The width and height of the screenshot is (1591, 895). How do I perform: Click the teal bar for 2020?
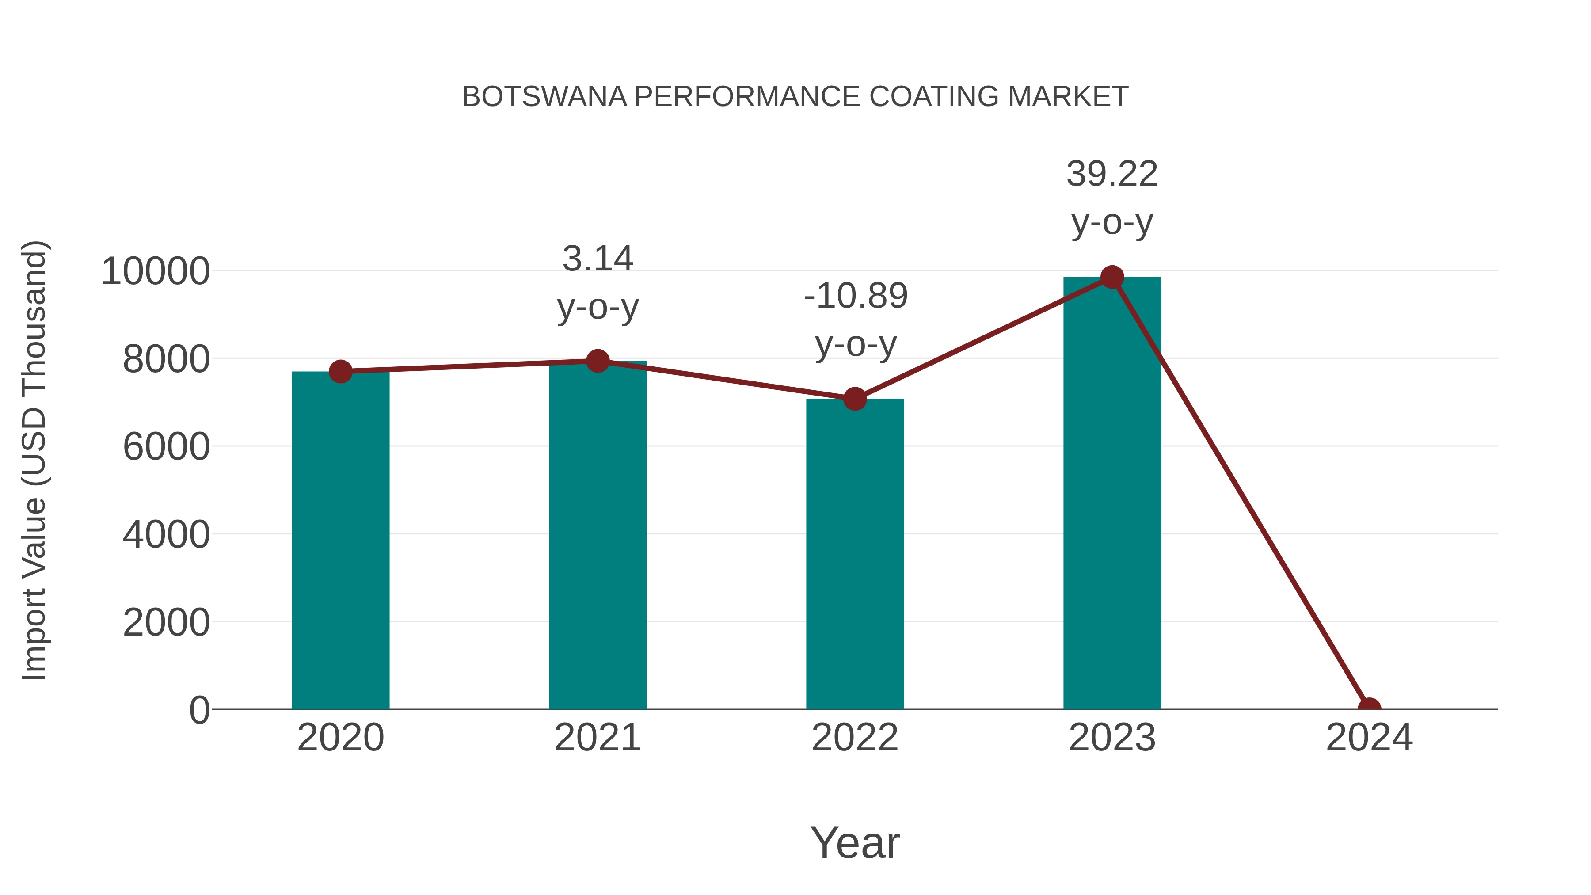(x=340, y=541)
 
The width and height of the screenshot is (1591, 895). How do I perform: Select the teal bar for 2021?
(x=597, y=535)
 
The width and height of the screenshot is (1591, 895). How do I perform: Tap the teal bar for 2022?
(x=854, y=554)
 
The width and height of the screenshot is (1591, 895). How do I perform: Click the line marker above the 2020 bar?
(x=340, y=371)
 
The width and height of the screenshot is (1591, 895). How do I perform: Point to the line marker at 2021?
(x=597, y=361)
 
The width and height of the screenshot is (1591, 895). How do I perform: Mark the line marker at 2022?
(x=854, y=399)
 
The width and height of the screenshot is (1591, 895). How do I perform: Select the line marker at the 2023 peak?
(x=1112, y=277)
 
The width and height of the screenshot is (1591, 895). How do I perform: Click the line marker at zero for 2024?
(x=1369, y=708)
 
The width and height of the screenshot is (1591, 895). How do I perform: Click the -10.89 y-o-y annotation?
(x=856, y=320)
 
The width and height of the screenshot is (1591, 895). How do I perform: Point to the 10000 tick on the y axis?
(x=155, y=271)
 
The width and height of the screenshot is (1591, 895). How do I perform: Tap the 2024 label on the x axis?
(x=1369, y=738)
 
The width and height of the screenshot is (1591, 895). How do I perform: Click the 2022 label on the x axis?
(x=854, y=738)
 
